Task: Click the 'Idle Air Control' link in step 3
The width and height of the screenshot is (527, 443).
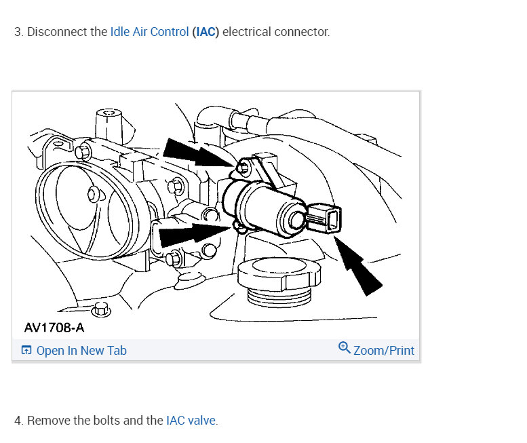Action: click(149, 32)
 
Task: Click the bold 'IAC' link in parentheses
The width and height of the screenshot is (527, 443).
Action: click(206, 32)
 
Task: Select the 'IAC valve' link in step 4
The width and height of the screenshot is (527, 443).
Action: click(191, 421)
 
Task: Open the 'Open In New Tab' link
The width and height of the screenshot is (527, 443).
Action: click(81, 351)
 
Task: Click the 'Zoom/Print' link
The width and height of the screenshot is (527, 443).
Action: click(383, 351)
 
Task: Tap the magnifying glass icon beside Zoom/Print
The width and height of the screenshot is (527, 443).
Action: click(344, 349)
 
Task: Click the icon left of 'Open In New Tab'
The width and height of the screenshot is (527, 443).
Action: click(26, 351)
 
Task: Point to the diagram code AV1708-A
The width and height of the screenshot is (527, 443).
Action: click(54, 328)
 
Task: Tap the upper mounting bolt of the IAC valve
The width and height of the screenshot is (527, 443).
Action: click(242, 167)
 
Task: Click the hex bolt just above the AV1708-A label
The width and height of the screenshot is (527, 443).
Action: click(101, 309)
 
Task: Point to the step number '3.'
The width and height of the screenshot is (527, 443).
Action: click(18, 32)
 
